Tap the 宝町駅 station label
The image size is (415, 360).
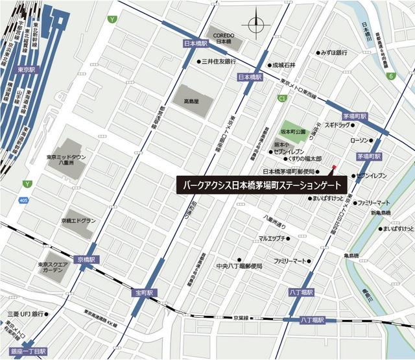point(144,293)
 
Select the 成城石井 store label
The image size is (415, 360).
point(283,65)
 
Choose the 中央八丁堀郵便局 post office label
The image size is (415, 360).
point(239,266)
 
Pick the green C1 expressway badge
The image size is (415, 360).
point(282,99)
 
